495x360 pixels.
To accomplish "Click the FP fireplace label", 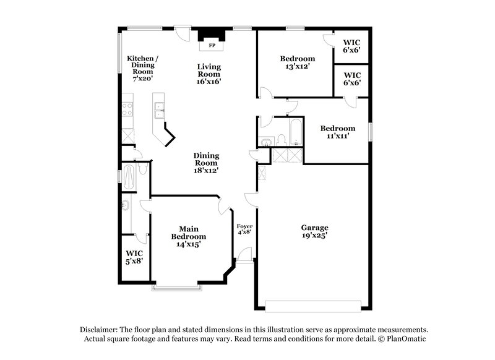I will (x=212, y=46).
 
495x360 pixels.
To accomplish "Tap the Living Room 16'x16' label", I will (x=209, y=74).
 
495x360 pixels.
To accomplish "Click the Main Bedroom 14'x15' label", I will (x=189, y=236).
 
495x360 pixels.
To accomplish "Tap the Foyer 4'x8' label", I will (x=244, y=229).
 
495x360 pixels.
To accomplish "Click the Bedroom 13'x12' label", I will (x=293, y=62).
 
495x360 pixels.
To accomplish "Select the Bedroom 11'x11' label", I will (x=337, y=132).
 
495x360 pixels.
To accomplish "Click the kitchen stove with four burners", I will (x=127, y=109).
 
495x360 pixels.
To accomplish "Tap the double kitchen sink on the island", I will (x=159, y=110).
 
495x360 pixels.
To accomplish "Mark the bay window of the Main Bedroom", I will (x=176, y=287).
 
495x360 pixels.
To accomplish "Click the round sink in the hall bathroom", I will (x=267, y=143).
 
